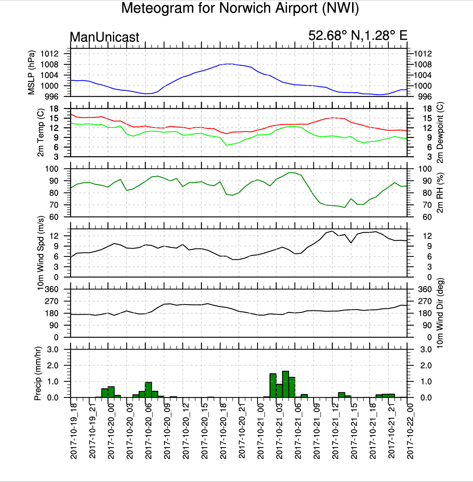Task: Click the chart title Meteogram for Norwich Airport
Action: (240, 8)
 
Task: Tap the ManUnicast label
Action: (104, 37)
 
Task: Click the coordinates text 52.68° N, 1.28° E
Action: (358, 36)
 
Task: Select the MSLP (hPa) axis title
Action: (31, 72)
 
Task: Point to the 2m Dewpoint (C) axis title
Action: (440, 132)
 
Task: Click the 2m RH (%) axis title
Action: (440, 193)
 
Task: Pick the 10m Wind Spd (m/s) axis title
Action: (40, 253)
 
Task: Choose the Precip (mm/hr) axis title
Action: (37, 373)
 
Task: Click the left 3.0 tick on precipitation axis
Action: (53, 349)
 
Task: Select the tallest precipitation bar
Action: (285, 384)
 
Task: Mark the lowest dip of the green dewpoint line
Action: (226, 145)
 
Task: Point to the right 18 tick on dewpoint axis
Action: (427, 109)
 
